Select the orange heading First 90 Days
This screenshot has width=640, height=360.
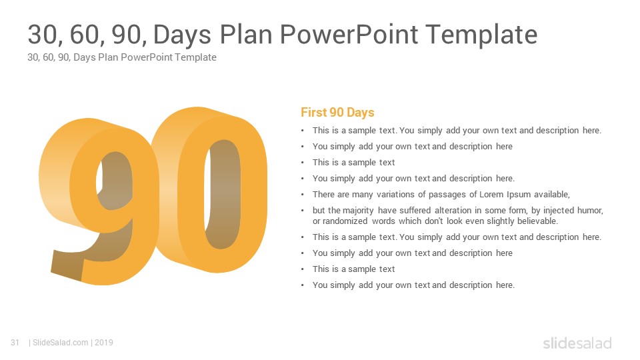[337, 112]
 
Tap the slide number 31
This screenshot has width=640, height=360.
[15, 343]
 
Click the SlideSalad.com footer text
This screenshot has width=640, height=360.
[61, 343]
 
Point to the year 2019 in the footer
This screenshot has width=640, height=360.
[104, 343]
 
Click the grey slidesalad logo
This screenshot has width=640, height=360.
[577, 343]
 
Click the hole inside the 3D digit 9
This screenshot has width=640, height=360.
[115, 179]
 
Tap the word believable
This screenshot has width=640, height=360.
[537, 221]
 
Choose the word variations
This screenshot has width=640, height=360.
[395, 194]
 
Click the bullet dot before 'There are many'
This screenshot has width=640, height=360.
[303, 195]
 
